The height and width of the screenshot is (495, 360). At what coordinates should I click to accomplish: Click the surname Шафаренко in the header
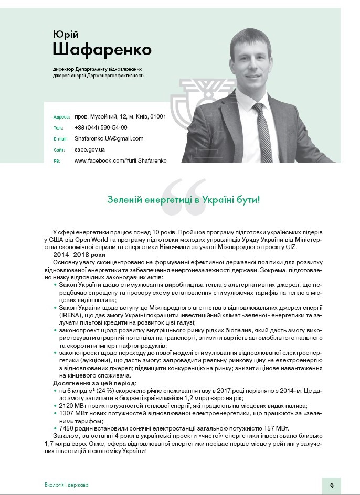point(102,50)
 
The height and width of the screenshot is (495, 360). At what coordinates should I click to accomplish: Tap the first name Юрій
point(66,34)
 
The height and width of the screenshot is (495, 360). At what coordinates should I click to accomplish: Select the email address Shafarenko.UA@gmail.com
point(109,138)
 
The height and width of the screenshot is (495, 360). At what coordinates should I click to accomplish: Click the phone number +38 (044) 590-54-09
point(101,127)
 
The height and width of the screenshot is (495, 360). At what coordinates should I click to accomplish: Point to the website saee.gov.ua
point(90,149)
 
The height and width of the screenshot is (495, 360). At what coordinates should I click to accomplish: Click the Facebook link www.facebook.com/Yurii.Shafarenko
point(120,160)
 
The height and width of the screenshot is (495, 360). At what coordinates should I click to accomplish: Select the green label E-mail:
point(61,139)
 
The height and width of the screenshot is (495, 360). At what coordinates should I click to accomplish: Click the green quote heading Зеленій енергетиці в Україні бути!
point(184,199)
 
